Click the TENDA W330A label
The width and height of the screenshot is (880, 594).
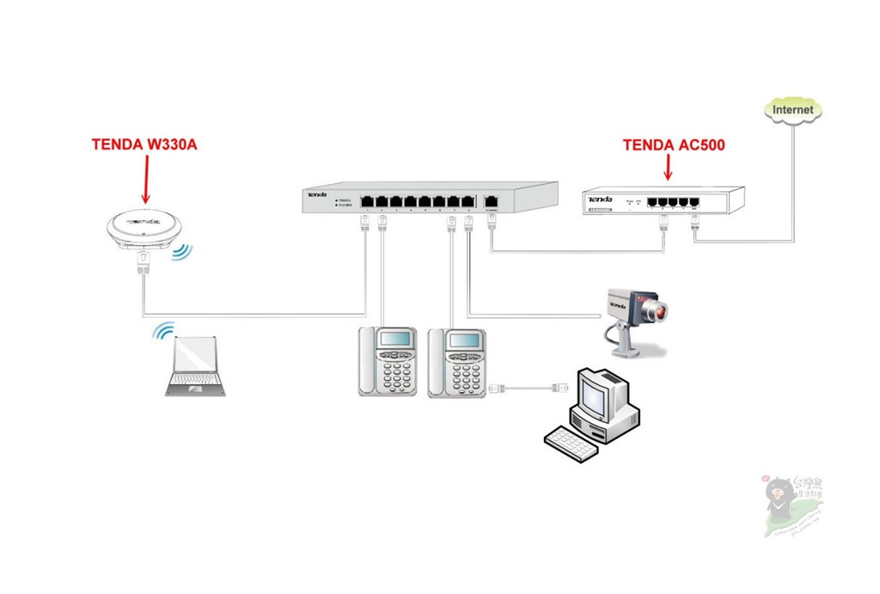click(144, 144)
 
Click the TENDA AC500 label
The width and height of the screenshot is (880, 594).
click(674, 145)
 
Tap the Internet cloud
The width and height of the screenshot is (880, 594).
click(792, 110)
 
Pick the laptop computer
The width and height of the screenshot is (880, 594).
click(195, 365)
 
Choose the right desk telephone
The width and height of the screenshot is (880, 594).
click(457, 362)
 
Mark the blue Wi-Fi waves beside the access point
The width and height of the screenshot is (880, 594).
click(182, 252)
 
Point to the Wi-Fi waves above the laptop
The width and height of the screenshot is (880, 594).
click(163, 333)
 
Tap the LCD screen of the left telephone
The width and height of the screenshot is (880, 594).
click(395, 338)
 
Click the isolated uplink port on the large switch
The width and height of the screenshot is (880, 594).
click(492, 203)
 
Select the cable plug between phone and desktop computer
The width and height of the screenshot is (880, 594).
click(497, 389)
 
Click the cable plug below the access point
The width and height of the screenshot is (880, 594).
click(144, 261)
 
